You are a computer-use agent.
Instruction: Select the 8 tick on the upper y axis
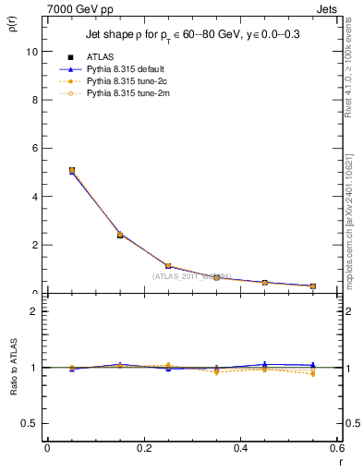point(35,100)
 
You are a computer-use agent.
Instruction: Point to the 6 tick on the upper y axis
point(35,148)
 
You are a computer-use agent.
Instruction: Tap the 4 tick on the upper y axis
point(35,197)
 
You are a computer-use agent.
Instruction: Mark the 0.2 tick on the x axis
point(143,448)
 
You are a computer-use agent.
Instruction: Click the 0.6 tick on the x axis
point(335,448)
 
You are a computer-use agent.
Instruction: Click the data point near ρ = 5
point(71,170)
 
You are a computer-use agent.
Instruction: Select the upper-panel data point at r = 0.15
point(120,235)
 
